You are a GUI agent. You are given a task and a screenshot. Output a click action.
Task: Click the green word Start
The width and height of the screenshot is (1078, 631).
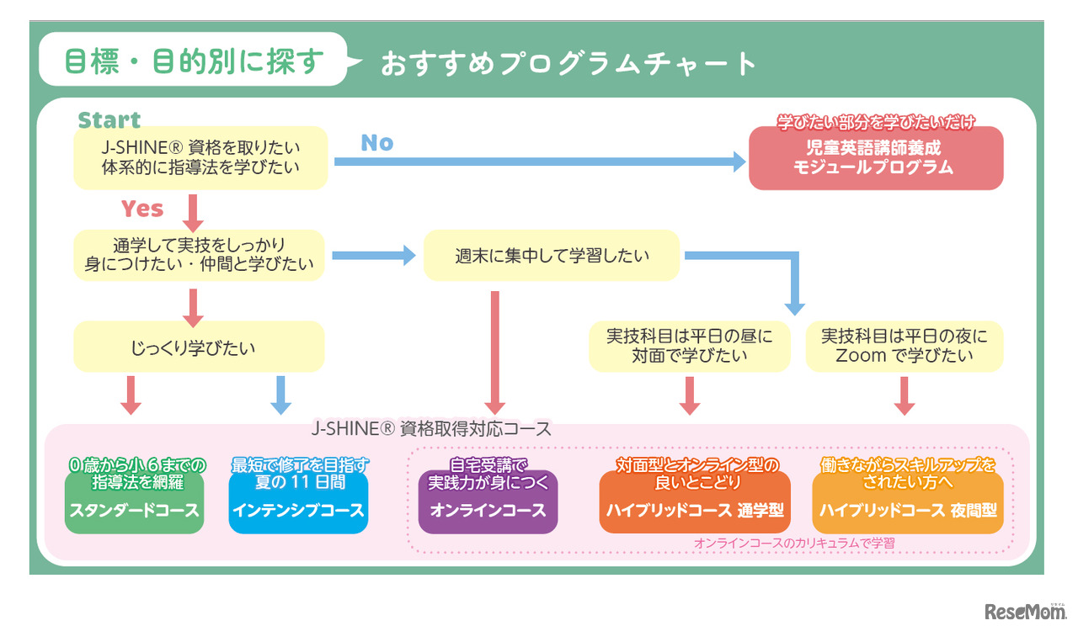click(x=109, y=120)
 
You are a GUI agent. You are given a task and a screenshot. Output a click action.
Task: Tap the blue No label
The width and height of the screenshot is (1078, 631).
click(x=376, y=143)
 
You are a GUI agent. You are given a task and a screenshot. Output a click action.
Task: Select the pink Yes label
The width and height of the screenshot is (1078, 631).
click(x=141, y=209)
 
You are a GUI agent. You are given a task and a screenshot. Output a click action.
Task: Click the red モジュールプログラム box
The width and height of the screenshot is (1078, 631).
click(x=875, y=158)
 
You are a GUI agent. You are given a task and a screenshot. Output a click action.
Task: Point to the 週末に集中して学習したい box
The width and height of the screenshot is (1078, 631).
click(x=551, y=255)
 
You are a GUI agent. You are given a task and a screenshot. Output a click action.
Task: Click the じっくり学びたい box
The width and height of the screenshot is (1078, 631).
click(x=199, y=346)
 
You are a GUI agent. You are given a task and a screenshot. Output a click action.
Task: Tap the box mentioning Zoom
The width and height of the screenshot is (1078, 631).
click(x=905, y=346)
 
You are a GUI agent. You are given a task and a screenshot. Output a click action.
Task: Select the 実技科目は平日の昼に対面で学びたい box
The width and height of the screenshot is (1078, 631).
click(x=690, y=346)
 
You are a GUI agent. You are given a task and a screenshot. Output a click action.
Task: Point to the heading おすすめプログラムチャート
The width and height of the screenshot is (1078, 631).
click(x=568, y=64)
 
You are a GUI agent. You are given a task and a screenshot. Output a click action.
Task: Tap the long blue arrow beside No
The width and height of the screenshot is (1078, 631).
click(x=539, y=162)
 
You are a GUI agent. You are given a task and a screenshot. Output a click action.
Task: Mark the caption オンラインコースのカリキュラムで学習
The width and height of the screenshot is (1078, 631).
click(x=794, y=544)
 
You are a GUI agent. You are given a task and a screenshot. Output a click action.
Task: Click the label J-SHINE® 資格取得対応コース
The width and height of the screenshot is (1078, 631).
click(x=430, y=429)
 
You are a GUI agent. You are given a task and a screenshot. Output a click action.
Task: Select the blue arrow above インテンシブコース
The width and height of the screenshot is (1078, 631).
click(x=280, y=395)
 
